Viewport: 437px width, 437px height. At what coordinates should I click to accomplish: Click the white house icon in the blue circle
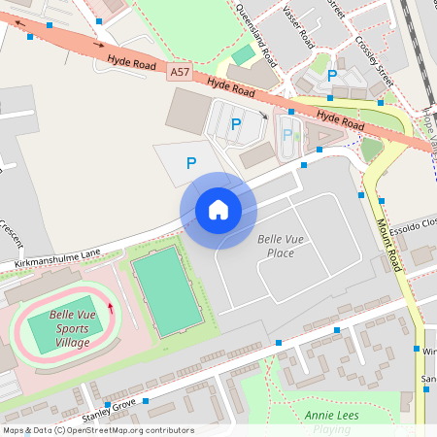[x=218, y=210]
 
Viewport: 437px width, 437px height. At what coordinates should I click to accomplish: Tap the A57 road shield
[x=179, y=72]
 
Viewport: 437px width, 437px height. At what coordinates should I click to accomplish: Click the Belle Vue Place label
[x=276, y=246]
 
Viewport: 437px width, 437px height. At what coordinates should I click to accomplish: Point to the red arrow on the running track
[x=110, y=309]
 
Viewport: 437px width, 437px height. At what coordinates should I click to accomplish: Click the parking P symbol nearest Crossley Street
[x=332, y=76]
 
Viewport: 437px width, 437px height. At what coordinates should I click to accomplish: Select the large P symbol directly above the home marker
[x=191, y=164]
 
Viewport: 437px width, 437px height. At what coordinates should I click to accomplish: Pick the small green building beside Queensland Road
[x=241, y=55]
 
